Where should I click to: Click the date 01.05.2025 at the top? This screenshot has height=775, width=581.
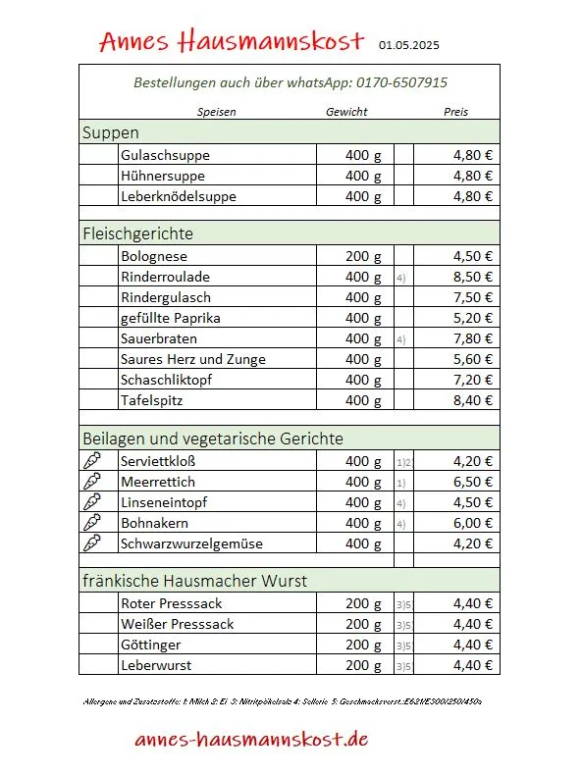(x=410, y=44)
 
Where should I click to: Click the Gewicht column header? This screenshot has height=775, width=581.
(x=346, y=112)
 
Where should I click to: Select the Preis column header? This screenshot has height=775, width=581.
(x=455, y=112)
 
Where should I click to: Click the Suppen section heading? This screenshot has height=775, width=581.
(x=111, y=132)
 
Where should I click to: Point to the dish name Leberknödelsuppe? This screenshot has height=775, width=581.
(x=179, y=196)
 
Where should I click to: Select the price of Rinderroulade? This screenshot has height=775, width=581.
(x=472, y=277)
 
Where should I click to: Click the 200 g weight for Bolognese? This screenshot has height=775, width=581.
(x=363, y=256)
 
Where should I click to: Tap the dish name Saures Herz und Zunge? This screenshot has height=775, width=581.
(x=193, y=359)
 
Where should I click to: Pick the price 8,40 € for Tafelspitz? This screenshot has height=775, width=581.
(x=472, y=400)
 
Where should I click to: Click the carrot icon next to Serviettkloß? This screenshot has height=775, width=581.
(x=92, y=461)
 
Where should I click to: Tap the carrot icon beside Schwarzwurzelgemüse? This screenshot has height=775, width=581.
(x=92, y=543)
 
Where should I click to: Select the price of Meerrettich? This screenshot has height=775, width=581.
(x=472, y=482)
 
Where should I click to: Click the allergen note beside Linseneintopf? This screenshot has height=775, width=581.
(x=401, y=503)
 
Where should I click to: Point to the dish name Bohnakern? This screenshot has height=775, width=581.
(x=154, y=523)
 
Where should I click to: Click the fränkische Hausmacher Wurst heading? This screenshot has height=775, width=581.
(x=194, y=581)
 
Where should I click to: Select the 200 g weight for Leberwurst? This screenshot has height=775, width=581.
(x=363, y=665)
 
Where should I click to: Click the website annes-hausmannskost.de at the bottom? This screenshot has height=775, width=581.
(x=252, y=739)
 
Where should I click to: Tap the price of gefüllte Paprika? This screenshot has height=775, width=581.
(x=472, y=318)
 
